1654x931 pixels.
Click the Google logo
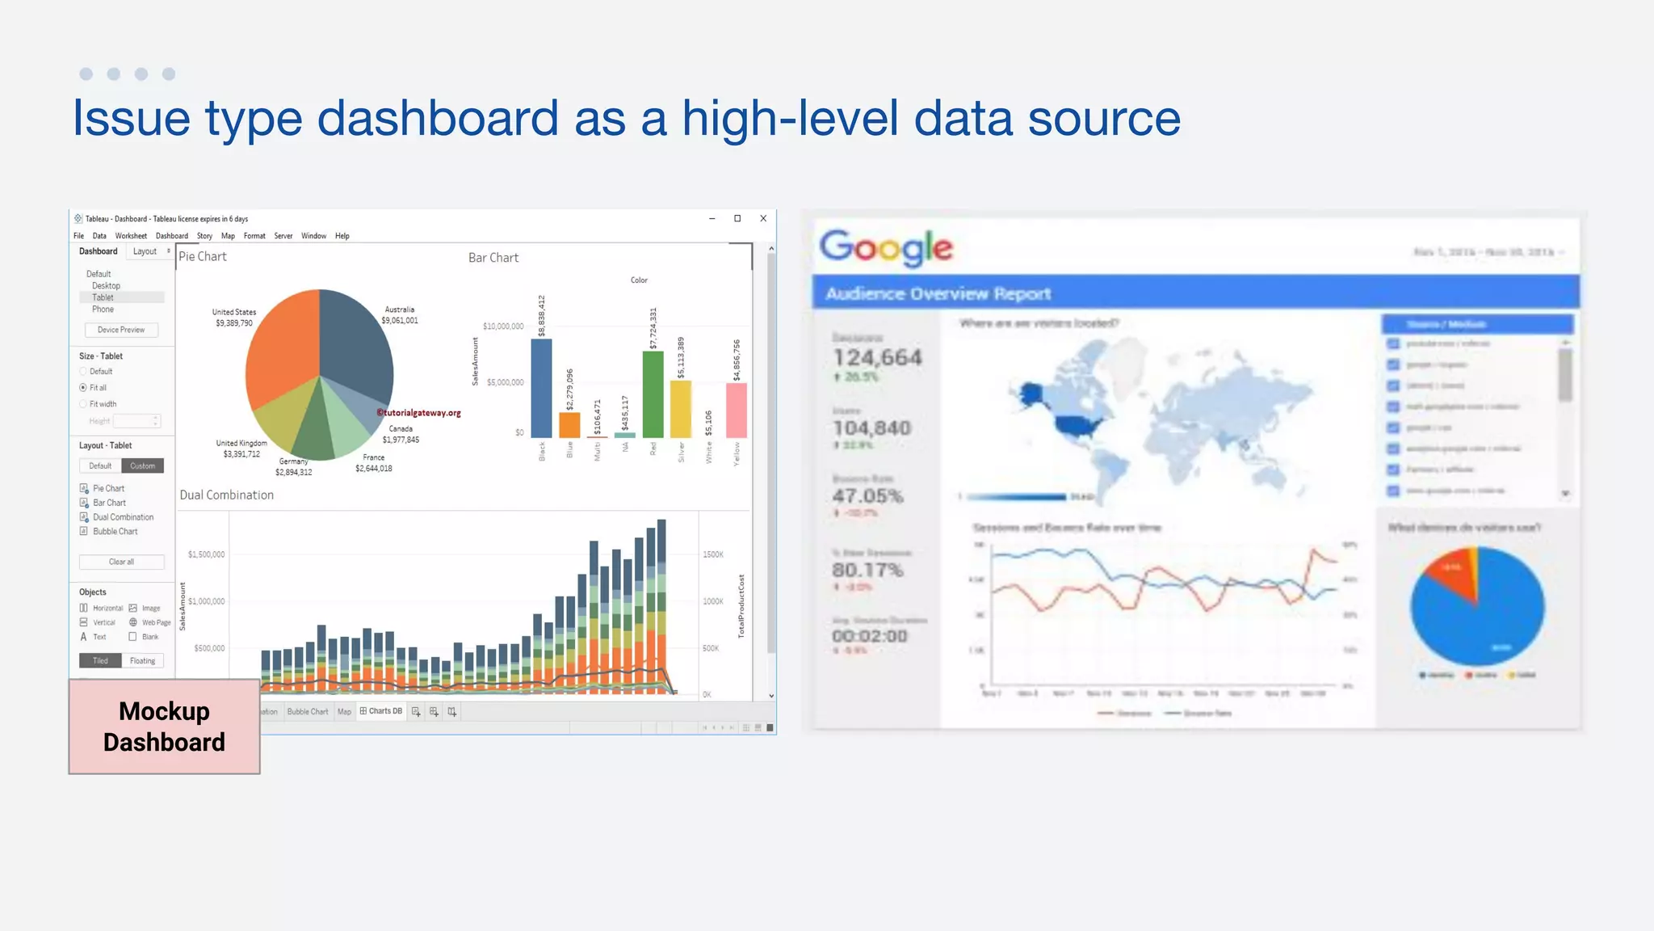click(886, 247)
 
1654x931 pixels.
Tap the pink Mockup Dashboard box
click(164, 727)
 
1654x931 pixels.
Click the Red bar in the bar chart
click(653, 394)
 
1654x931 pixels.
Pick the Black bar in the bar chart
click(541, 388)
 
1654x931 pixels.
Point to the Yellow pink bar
click(736, 410)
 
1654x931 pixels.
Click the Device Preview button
click(121, 330)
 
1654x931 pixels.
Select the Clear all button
click(121, 562)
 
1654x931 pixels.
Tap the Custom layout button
click(142, 465)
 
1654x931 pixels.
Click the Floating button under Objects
click(142, 660)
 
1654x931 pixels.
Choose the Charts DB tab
click(381, 711)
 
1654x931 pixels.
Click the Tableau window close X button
click(763, 218)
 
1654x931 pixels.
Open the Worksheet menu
click(131, 236)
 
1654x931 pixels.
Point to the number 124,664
click(877, 357)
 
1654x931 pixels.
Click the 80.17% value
click(867, 570)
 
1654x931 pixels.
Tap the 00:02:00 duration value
click(870, 636)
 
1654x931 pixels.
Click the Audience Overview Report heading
click(938, 293)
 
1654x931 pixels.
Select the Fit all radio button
click(83, 388)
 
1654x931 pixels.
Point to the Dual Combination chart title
click(227, 495)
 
